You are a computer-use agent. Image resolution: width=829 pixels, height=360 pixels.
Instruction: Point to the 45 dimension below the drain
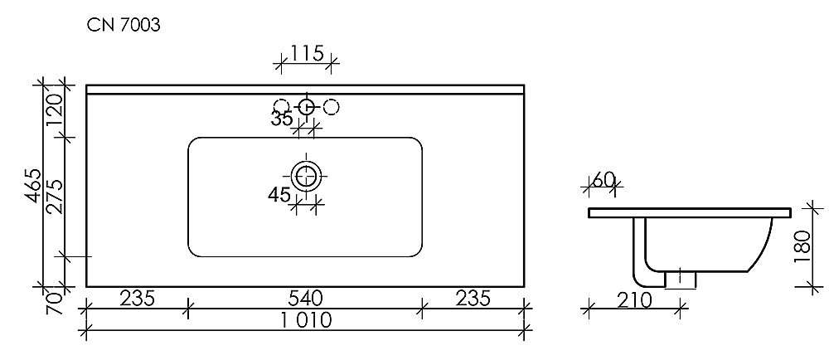click(x=279, y=195)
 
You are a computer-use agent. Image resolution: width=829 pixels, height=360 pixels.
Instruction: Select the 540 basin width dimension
click(x=305, y=297)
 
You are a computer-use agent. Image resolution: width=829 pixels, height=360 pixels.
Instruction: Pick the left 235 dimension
click(x=138, y=297)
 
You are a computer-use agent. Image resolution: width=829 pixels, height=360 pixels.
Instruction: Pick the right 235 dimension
click(x=473, y=297)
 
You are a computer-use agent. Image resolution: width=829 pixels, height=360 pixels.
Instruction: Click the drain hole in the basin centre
click(x=307, y=175)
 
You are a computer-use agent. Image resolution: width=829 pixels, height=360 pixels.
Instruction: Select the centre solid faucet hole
click(x=306, y=106)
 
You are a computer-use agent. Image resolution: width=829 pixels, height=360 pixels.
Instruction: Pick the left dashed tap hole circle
click(x=281, y=106)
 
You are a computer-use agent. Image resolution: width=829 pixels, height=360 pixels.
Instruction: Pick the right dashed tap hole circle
click(x=331, y=106)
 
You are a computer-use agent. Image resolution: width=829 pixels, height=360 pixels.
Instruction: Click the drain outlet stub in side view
click(x=679, y=279)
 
